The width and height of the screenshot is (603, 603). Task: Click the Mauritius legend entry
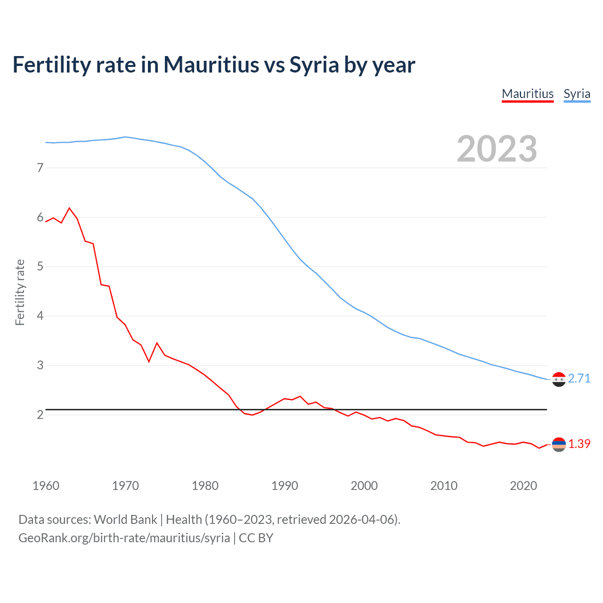click(528, 94)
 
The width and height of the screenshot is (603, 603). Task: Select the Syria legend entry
click(577, 94)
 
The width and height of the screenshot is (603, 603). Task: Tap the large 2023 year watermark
click(497, 149)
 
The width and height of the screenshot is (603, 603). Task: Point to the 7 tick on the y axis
click(40, 168)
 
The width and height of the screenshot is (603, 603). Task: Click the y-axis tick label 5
click(40, 267)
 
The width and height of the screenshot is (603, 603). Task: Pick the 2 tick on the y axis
click(40, 415)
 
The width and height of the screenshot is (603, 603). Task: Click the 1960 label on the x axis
click(46, 486)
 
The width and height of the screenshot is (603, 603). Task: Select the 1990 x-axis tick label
click(285, 486)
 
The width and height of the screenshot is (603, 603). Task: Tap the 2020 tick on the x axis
click(523, 486)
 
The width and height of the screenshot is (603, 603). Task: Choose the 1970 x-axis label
click(125, 486)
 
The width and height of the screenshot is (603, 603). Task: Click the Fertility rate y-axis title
click(20, 292)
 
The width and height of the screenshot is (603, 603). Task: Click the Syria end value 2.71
click(579, 379)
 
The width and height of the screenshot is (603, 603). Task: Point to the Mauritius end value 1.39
click(579, 444)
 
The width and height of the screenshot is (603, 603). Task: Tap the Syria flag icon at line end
click(559, 379)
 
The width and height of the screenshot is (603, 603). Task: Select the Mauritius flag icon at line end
click(559, 444)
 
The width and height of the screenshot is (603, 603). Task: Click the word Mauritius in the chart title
click(211, 65)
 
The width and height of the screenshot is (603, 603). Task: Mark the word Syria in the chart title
click(314, 65)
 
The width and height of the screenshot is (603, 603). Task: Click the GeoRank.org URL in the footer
click(124, 538)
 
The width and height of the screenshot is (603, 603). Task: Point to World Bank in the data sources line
click(125, 520)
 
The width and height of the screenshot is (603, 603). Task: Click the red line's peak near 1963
click(70, 208)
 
